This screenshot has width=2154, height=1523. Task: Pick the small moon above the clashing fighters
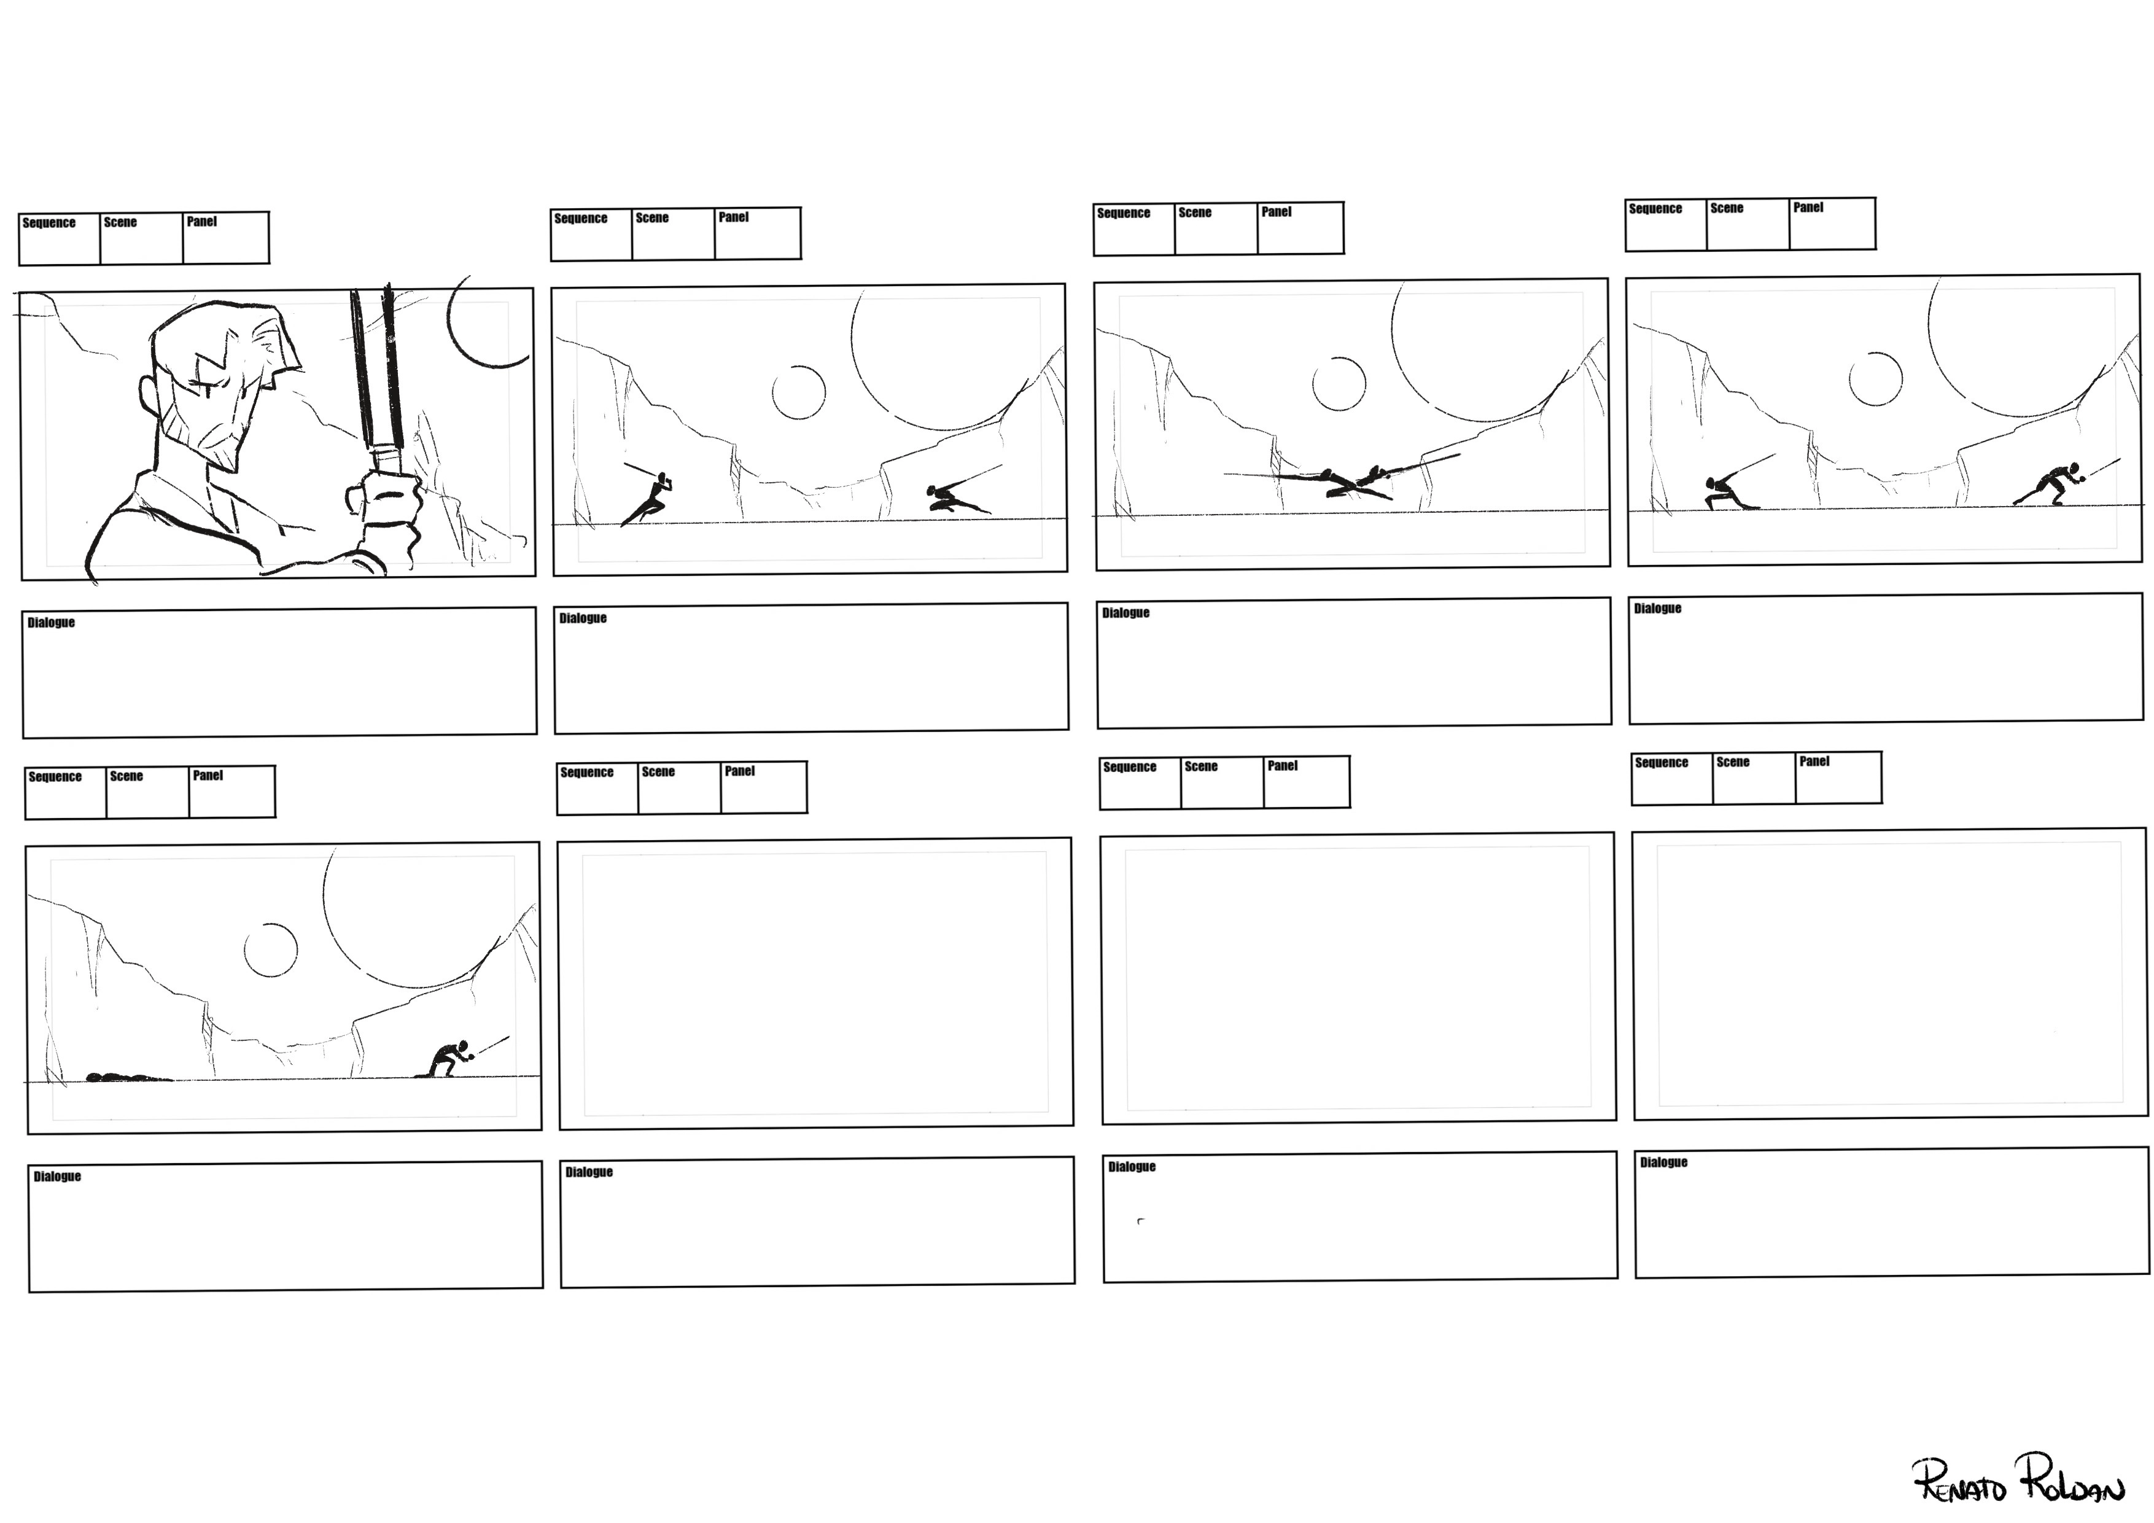point(1339,384)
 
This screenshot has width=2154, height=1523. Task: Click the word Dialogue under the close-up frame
point(51,622)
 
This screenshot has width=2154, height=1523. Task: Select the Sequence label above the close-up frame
point(49,222)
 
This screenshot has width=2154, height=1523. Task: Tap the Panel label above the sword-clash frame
point(1276,212)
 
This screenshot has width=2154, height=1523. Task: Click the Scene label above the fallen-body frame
point(126,776)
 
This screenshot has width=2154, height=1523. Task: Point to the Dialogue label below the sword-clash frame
point(1125,613)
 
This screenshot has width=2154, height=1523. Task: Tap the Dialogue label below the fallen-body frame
point(57,1176)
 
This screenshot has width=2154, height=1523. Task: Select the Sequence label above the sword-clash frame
point(1123,213)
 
